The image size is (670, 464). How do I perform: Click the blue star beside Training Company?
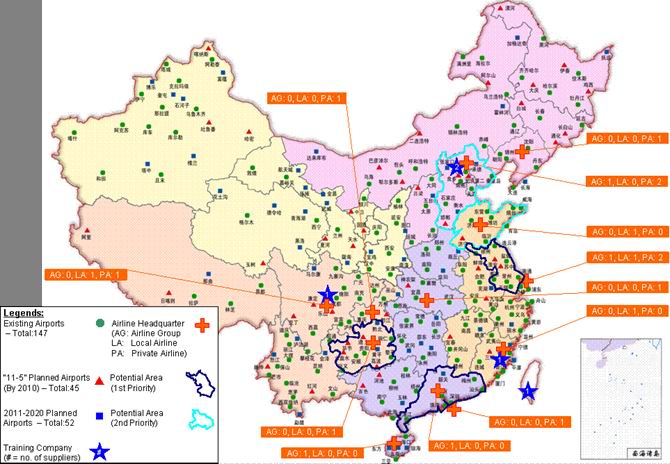point(100,452)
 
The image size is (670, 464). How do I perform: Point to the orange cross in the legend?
point(205,325)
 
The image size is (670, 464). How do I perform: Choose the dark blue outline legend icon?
point(204,381)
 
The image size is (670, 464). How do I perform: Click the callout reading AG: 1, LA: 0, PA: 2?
point(623,181)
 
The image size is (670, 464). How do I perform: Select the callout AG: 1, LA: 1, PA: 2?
point(623,257)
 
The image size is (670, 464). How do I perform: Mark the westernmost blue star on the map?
point(327,295)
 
